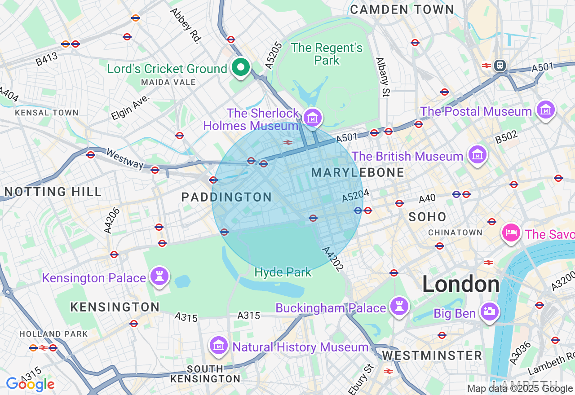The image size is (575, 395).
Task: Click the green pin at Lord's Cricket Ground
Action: click(x=241, y=68)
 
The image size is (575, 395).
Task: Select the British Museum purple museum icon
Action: click(x=477, y=155)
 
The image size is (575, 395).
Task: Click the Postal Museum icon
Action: click(x=545, y=110)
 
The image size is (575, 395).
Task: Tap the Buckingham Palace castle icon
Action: click(x=398, y=306)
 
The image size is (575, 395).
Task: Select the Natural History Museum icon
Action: click(x=218, y=346)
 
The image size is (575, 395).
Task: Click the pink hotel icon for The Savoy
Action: click(x=511, y=233)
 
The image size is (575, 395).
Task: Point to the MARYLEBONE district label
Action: click(x=358, y=172)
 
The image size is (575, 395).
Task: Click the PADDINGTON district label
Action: click(x=226, y=197)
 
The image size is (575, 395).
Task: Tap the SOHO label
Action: click(x=427, y=217)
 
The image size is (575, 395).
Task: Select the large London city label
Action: click(x=460, y=285)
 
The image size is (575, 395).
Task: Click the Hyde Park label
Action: click(x=283, y=272)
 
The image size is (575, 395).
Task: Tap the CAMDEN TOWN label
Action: click(x=402, y=9)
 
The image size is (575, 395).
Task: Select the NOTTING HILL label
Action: click(x=53, y=192)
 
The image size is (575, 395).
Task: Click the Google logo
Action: click(x=30, y=384)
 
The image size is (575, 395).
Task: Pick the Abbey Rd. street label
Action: click(x=185, y=25)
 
